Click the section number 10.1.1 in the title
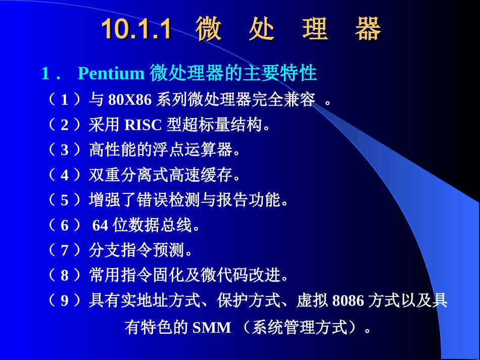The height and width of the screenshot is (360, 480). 136,29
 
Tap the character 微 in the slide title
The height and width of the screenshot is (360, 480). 209,29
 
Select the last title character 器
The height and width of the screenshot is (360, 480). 367,29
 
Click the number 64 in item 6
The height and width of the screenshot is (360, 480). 101,226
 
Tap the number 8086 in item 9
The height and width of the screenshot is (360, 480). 348,301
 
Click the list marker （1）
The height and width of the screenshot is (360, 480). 64,99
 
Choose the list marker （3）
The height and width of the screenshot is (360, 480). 64,150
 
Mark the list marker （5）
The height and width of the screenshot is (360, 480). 64,200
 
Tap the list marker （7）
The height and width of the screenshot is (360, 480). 64,251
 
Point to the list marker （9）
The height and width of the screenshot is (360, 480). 64,301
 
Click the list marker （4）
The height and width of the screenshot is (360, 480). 64,175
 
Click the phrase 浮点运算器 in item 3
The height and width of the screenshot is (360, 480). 193,150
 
